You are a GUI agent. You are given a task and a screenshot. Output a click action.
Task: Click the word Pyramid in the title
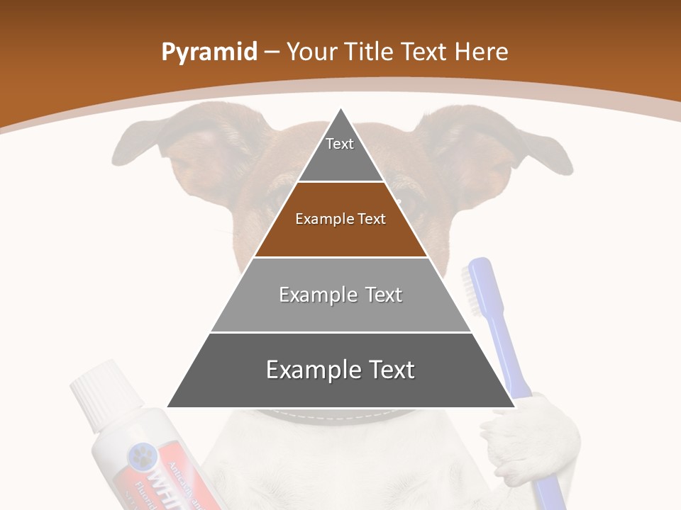click(209, 53)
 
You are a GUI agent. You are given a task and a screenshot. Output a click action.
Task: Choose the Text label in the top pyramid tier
click(340, 144)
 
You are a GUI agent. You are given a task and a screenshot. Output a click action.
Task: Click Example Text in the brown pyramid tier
click(340, 219)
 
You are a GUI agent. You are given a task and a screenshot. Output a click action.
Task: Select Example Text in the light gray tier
click(340, 295)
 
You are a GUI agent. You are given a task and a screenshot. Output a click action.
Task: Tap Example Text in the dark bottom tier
click(340, 370)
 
